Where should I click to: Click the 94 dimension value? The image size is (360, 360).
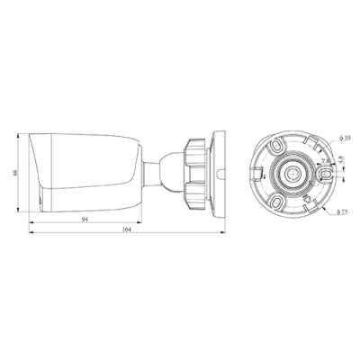(85, 220)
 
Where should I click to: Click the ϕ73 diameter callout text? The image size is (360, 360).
(343, 211)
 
